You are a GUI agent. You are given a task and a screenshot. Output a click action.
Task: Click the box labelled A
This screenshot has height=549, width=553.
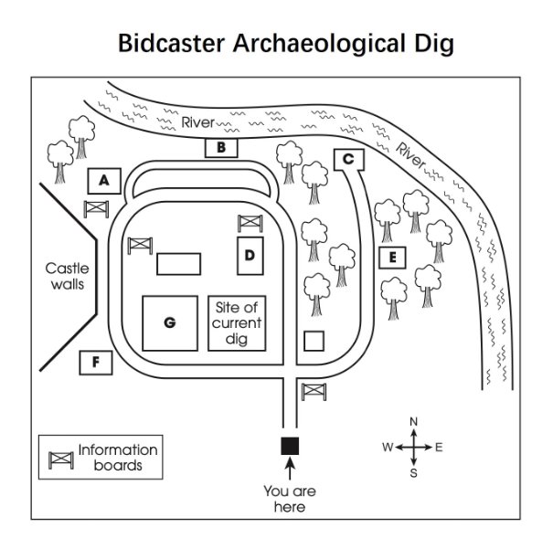click(105, 180)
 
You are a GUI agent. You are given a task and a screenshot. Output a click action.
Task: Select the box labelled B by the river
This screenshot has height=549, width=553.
click(221, 146)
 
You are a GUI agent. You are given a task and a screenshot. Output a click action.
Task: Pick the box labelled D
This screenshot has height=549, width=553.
click(250, 255)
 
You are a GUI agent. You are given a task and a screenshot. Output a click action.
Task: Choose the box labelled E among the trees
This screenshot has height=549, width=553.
click(391, 258)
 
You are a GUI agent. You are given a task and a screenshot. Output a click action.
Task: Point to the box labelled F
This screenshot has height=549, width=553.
click(95, 363)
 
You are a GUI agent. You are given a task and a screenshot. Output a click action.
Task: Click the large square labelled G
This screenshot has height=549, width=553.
click(170, 322)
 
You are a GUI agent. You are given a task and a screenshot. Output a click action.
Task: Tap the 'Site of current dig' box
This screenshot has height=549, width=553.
click(237, 322)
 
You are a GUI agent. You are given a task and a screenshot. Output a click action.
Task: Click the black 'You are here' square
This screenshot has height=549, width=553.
click(290, 445)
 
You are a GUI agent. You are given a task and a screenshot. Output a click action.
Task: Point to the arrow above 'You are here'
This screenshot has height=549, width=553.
click(290, 469)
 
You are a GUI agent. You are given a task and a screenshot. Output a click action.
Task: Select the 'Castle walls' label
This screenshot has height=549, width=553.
click(68, 276)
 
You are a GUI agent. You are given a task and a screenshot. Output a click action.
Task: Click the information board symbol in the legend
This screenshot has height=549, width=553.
click(60, 459)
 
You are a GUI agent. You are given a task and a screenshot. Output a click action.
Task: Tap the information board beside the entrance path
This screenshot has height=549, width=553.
click(314, 390)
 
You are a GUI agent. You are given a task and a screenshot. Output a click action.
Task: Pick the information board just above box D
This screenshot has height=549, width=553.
click(250, 222)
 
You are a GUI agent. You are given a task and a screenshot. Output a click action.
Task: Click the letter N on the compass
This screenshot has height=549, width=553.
click(413, 421)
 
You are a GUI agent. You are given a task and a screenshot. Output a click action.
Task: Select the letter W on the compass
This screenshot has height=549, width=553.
click(387, 448)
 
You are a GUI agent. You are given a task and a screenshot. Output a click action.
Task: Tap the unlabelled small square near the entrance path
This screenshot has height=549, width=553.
click(314, 341)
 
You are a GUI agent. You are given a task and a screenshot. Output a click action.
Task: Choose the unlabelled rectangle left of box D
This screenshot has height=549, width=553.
click(178, 264)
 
